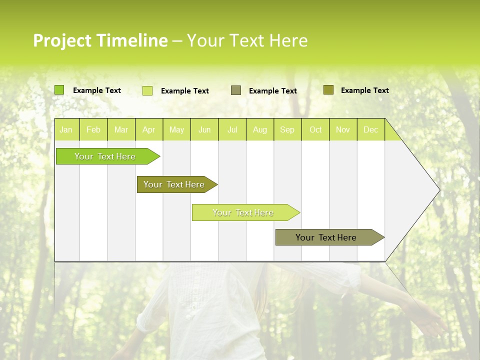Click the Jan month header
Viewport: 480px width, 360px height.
click(66, 129)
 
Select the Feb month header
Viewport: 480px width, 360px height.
click(93, 129)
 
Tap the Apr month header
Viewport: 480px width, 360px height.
click(148, 129)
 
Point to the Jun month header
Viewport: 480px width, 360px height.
click(204, 129)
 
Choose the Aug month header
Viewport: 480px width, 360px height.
click(259, 129)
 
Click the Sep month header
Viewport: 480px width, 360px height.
click(287, 129)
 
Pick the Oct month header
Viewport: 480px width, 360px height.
click(315, 129)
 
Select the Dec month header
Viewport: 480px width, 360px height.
click(370, 129)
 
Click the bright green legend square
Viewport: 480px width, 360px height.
click(59, 90)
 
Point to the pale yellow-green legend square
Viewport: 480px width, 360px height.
click(147, 90)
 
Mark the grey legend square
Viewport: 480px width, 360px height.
click(236, 90)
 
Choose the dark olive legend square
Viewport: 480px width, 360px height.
click(328, 89)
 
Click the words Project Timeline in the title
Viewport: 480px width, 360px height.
click(100, 40)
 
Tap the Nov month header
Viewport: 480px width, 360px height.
click(343, 129)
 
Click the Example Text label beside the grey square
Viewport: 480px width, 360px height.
click(273, 91)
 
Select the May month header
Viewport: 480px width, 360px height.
click(176, 129)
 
